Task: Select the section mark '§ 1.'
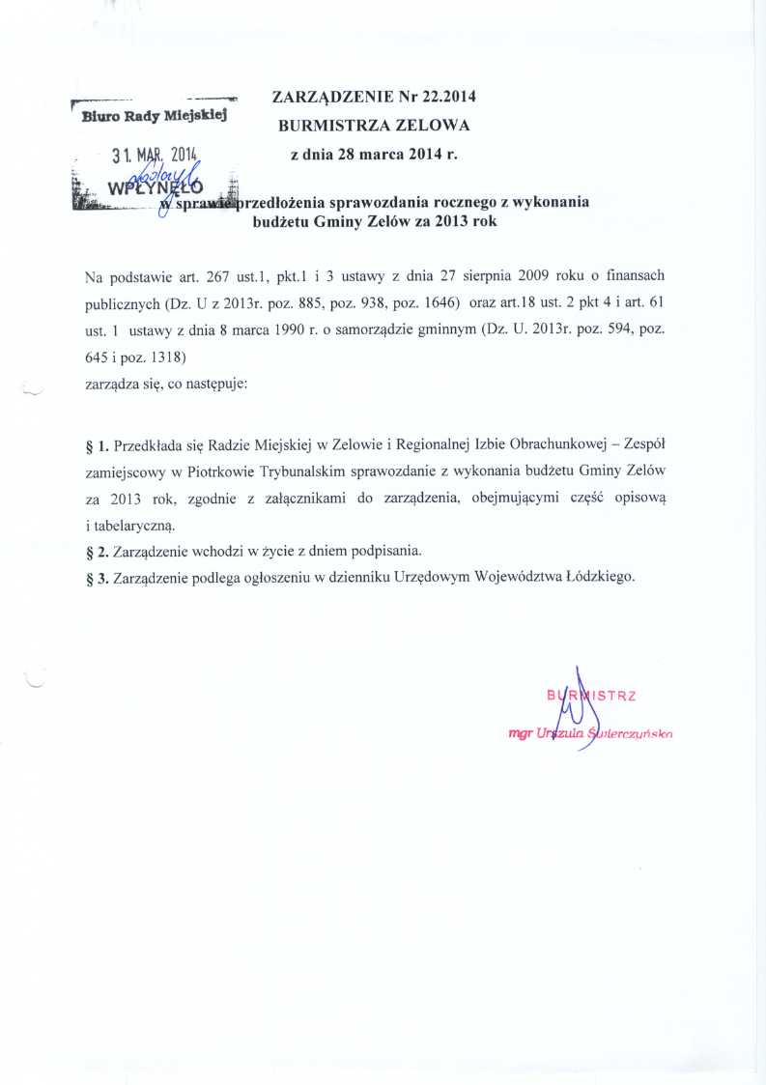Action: point(98,447)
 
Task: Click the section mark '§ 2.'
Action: point(98,552)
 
